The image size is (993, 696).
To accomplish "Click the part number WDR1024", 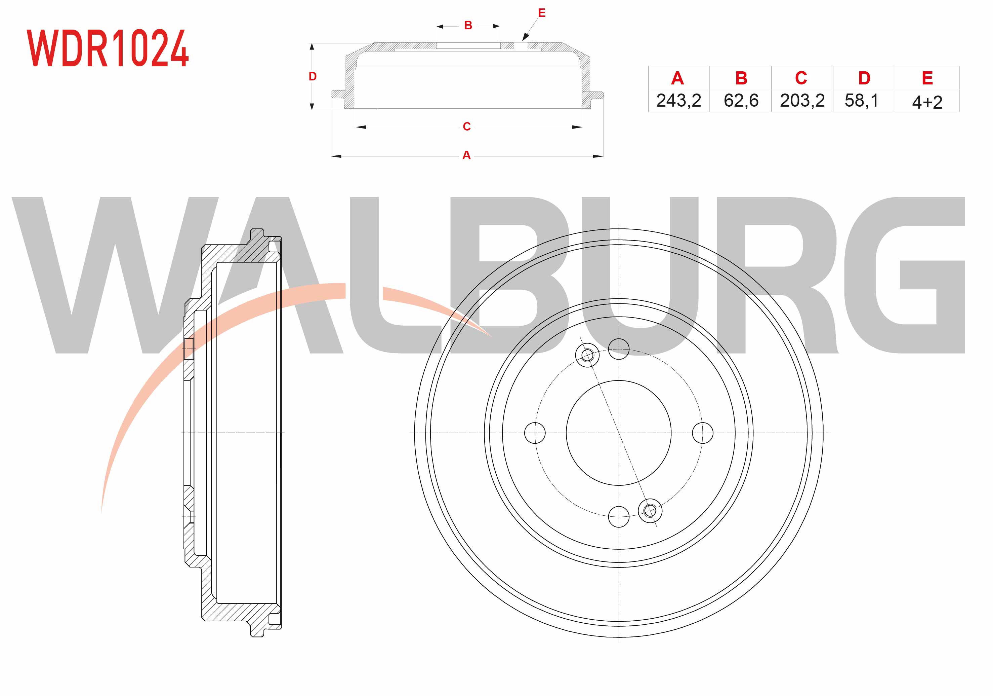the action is click(108, 48).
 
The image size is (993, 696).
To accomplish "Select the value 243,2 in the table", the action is click(678, 101).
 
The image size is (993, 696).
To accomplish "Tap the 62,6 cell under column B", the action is click(741, 101).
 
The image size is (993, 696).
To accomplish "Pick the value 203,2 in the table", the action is click(802, 101).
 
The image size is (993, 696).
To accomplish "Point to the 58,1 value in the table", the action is click(862, 101).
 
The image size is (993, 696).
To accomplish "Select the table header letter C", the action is click(801, 78).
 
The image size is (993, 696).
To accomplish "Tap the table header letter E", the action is click(927, 78).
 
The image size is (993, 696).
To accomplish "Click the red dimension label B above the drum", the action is click(468, 26).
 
